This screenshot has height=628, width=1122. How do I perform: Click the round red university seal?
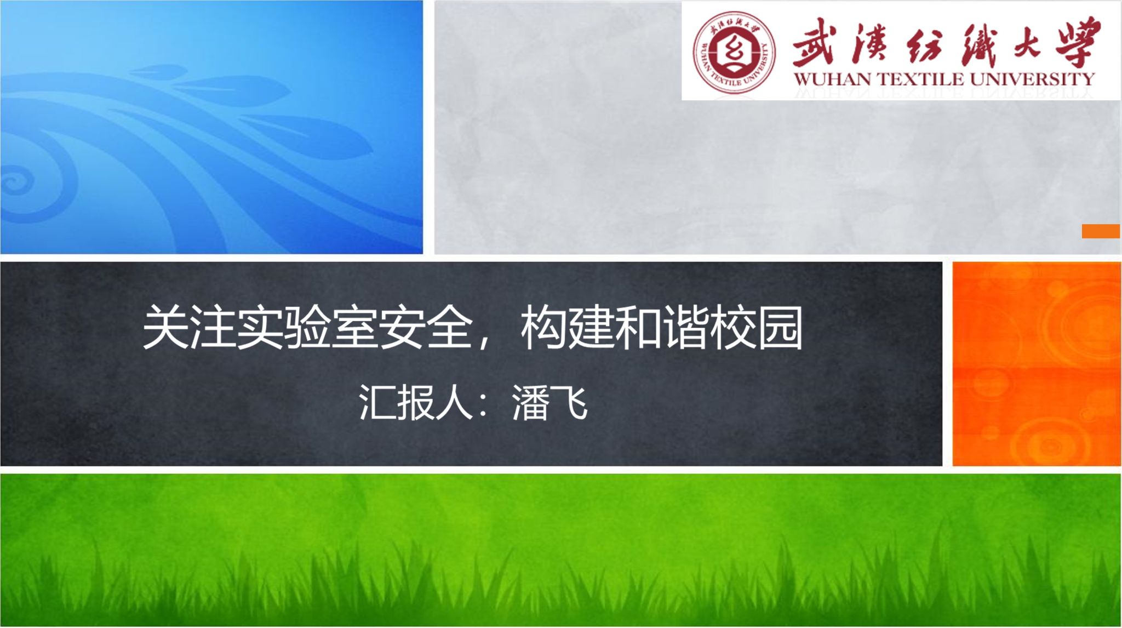(x=734, y=52)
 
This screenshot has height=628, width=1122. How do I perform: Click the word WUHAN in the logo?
(x=834, y=79)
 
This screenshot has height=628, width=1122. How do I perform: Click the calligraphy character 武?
(x=815, y=42)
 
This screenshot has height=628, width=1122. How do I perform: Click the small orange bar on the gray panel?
(x=1101, y=231)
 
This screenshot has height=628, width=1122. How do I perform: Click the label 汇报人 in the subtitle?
(x=416, y=402)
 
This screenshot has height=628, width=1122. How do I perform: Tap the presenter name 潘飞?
(x=549, y=402)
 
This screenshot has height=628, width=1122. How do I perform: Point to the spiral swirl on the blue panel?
(x=16, y=181)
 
